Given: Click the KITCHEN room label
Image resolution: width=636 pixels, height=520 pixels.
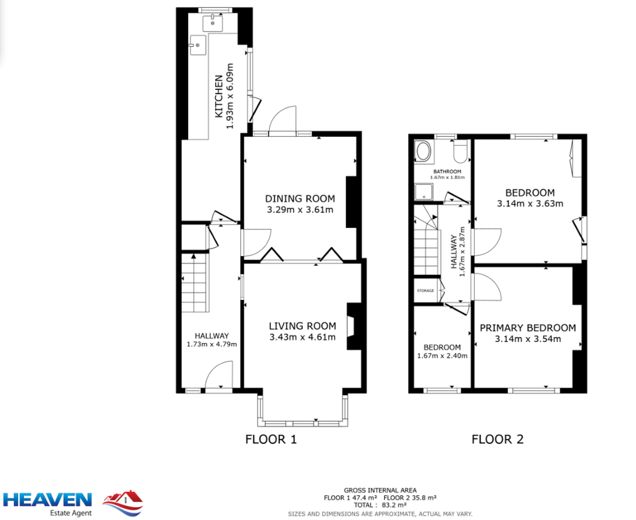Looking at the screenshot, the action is [219, 96].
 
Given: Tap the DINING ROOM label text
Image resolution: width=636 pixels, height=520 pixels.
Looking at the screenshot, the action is [300, 198].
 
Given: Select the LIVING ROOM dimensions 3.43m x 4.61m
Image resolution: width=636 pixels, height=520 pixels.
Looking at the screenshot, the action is [303, 337].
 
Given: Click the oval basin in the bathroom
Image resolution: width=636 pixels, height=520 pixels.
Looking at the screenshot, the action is [423, 152].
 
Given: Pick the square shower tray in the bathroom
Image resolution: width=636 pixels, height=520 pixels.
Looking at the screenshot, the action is [423, 192].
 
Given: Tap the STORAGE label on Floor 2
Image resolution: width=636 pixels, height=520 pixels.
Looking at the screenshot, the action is [425, 291].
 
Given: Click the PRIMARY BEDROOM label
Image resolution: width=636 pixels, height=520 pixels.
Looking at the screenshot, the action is [528, 328].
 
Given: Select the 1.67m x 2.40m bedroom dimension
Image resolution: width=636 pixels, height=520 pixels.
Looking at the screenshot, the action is [442, 356].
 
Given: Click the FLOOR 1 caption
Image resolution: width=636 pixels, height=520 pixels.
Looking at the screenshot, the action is [271, 439].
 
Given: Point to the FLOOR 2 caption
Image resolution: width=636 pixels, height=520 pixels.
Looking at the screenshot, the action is [497, 439].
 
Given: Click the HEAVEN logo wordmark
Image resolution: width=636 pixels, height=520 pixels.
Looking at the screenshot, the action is [47, 500].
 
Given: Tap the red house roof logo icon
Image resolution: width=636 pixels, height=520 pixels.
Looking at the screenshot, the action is [123, 503].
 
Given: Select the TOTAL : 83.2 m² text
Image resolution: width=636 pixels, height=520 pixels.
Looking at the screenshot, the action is [380, 505].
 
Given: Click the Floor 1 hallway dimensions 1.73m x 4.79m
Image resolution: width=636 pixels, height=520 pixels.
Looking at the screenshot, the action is [211, 344].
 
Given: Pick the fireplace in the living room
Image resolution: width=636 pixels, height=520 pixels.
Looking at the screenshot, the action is [354, 327].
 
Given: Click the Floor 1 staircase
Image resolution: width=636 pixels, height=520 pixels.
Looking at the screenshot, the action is [195, 284].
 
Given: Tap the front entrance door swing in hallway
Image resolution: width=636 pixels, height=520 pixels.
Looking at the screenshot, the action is [219, 374].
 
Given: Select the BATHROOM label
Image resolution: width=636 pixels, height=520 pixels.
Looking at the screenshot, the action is [447, 171].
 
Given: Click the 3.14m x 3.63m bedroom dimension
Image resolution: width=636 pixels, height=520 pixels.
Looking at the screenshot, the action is [530, 204].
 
